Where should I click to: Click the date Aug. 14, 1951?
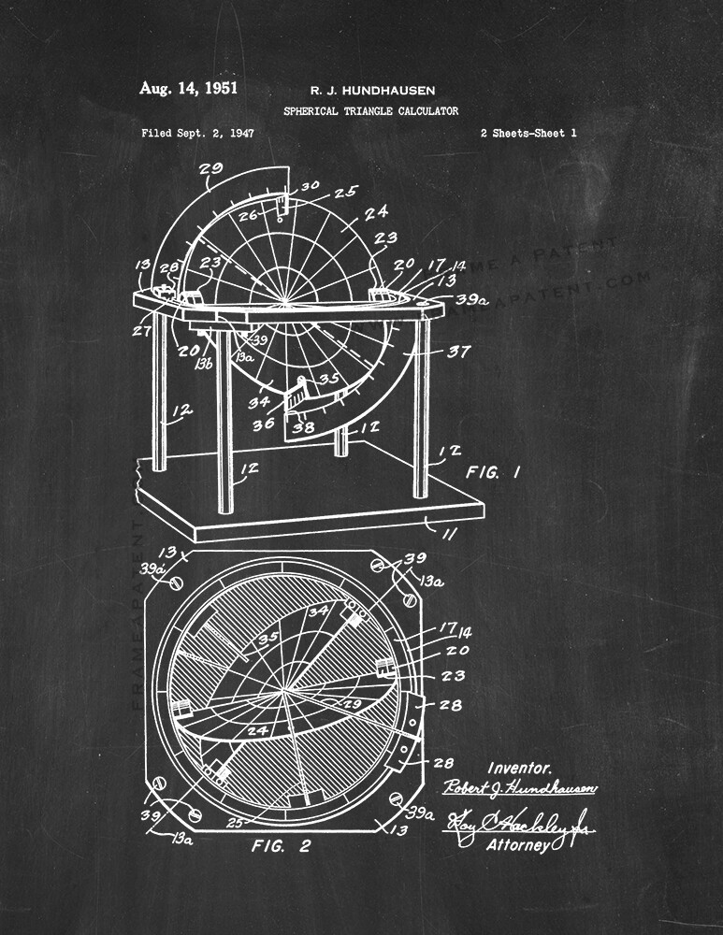click(188, 89)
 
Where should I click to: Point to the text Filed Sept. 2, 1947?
click(197, 134)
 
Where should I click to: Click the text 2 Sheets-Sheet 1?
click(528, 134)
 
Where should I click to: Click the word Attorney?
click(520, 846)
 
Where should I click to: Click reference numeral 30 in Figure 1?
click(308, 187)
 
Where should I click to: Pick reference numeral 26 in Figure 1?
click(247, 216)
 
